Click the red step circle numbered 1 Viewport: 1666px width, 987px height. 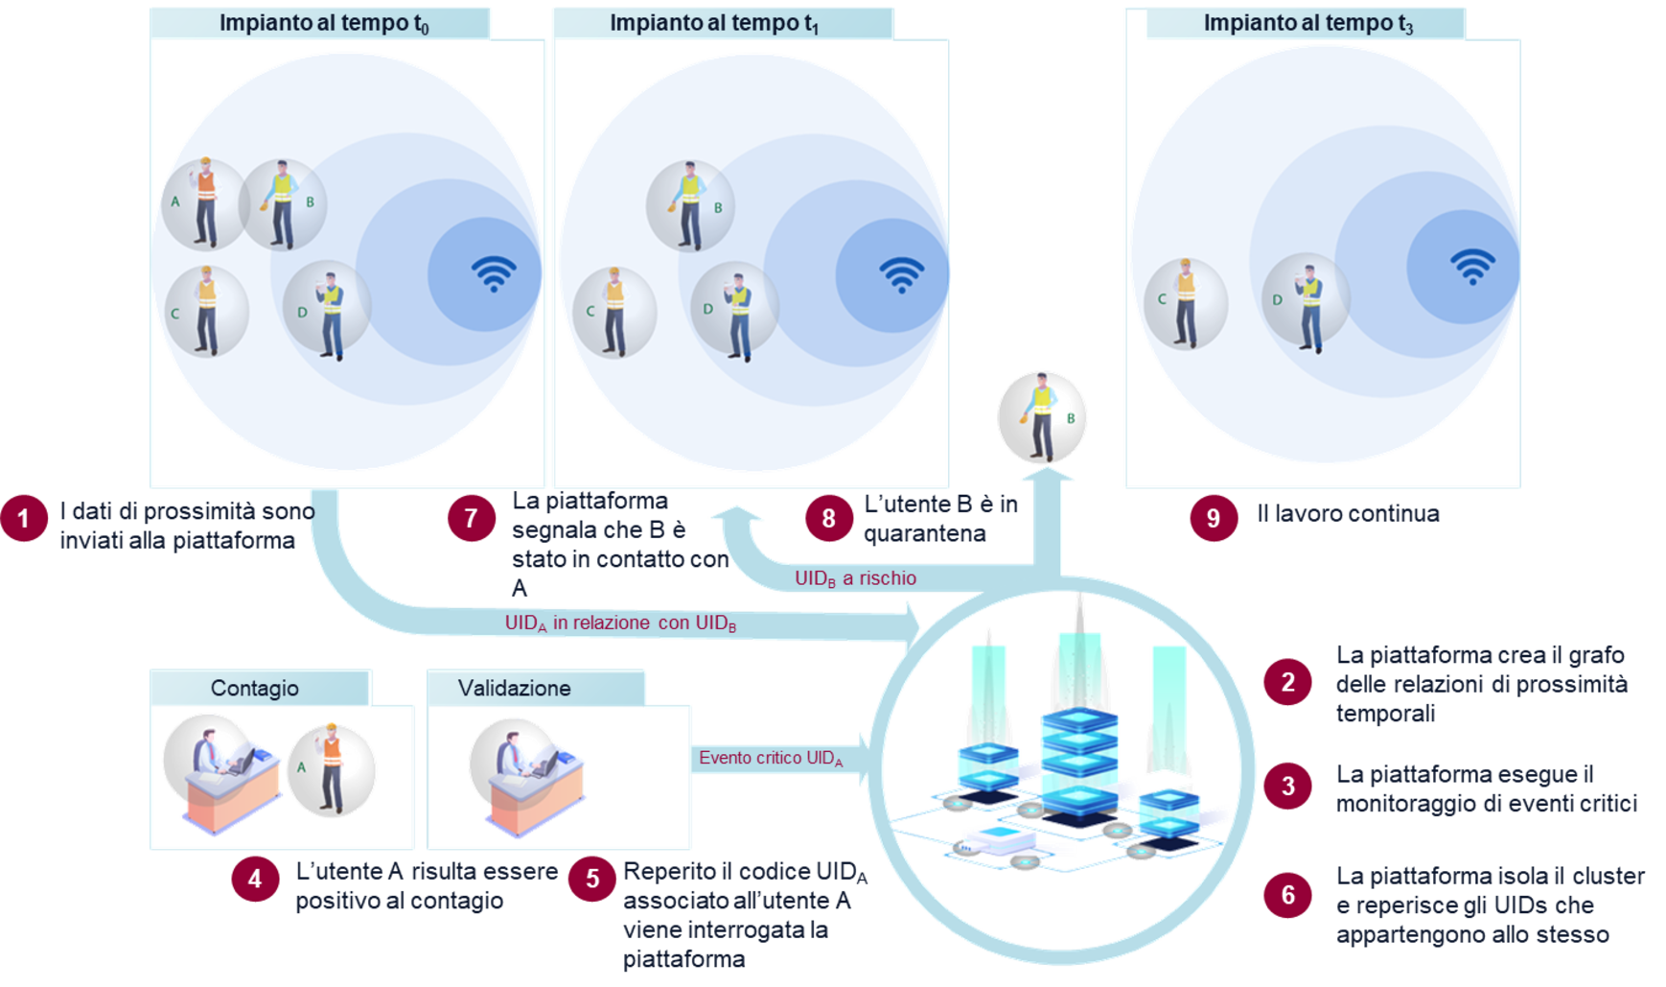click(x=24, y=519)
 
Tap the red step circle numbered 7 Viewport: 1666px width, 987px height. click(x=471, y=519)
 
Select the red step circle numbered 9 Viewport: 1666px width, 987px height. click(x=1213, y=519)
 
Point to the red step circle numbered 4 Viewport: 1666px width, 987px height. click(x=254, y=879)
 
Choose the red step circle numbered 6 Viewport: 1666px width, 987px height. click(x=1287, y=895)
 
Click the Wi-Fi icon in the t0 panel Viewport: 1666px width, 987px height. click(x=494, y=273)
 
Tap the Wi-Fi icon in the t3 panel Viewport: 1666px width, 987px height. click(x=1472, y=266)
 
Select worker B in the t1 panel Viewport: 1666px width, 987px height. click(x=689, y=206)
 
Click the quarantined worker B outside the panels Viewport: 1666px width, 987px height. click(x=1042, y=416)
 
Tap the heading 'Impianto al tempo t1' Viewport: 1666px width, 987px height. click(x=714, y=23)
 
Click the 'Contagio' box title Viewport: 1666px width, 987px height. click(x=255, y=688)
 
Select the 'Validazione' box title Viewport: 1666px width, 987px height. click(x=514, y=688)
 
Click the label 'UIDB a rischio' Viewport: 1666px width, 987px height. click(x=855, y=578)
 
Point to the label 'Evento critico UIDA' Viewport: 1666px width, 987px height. click(x=770, y=758)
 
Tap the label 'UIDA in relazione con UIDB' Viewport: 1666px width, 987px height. click(x=620, y=623)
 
